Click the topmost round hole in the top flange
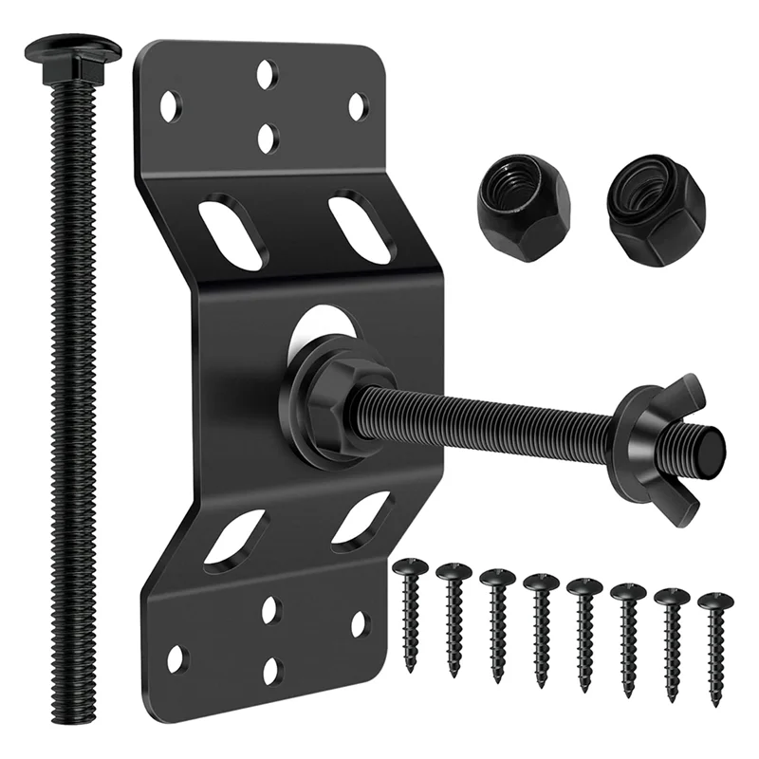(x=268, y=70)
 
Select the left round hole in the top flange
(x=171, y=105)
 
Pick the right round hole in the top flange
(x=357, y=105)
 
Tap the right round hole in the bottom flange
(x=360, y=623)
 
